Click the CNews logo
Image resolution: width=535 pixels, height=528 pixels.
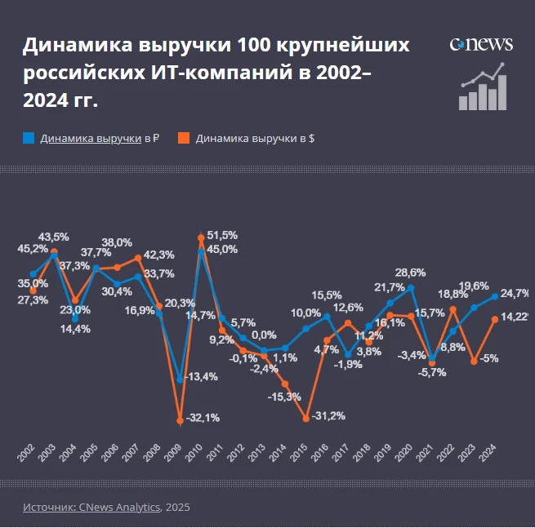point(481,43)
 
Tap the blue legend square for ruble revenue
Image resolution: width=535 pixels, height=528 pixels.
point(28,138)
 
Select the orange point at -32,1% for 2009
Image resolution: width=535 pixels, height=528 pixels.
point(180,421)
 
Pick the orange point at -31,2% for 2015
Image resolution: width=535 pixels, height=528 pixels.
point(305,419)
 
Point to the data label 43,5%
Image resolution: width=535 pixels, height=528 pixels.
point(53,237)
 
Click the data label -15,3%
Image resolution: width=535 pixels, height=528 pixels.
point(285,397)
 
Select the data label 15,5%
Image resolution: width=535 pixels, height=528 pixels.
point(327,295)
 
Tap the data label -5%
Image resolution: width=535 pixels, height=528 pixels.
point(490,358)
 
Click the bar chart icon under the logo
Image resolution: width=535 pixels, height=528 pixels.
point(483,87)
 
